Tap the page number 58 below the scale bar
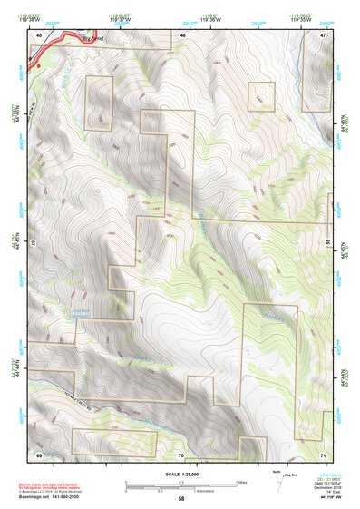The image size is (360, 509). coord(181,498)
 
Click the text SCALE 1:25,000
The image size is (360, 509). coord(180,475)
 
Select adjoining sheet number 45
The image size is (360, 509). coord(39,34)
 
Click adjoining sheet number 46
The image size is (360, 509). coord(183,34)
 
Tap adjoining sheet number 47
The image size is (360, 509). coord(324,34)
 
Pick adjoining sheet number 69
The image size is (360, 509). coord(39,454)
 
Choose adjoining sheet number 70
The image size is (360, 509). coord(181,455)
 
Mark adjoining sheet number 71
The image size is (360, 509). coord(324,455)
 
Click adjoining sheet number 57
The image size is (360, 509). coord(34,244)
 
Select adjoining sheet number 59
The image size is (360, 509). coord(328,244)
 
